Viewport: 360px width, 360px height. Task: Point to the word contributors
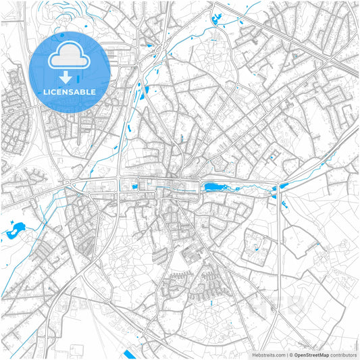pyautogui.click(x=345, y=355)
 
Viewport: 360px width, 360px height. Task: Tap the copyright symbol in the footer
pyautogui.click(x=291, y=355)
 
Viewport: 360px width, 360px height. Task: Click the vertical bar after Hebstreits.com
pyautogui.click(x=286, y=355)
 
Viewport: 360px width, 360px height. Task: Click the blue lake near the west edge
pyautogui.click(x=14, y=232)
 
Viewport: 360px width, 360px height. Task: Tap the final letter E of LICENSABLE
pyautogui.click(x=93, y=92)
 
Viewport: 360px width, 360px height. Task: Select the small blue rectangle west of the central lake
pyautogui.click(x=134, y=186)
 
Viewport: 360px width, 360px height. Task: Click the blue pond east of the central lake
pyautogui.click(x=283, y=186)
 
